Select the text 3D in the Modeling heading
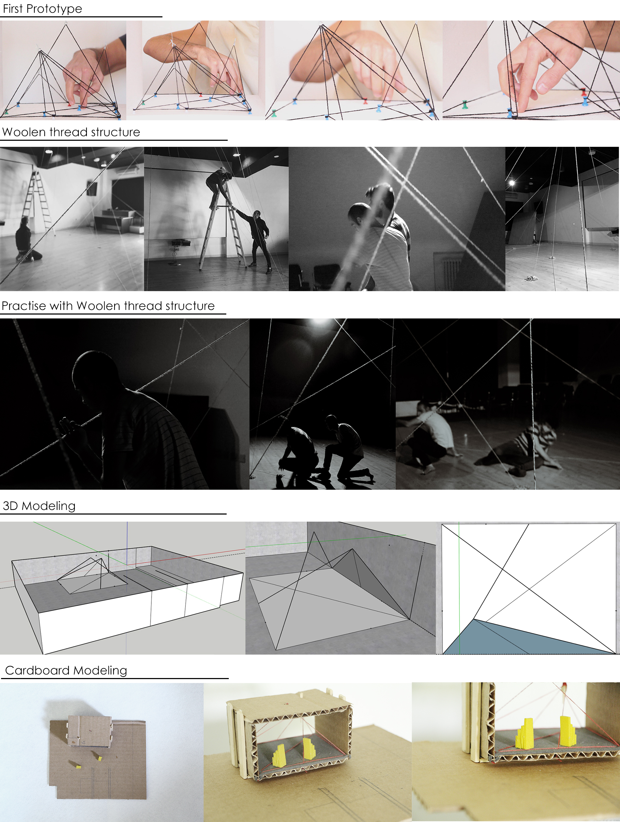click(10, 506)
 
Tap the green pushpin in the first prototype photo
click(6, 111)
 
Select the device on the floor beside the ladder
click(181, 243)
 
